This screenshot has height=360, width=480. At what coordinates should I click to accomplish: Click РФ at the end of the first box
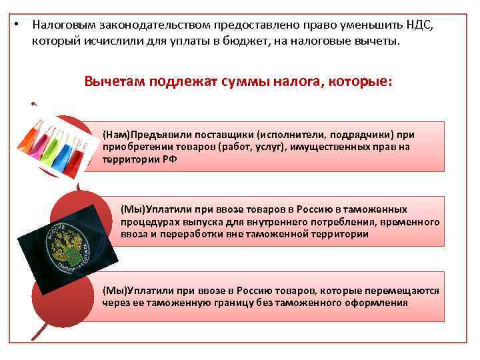click(x=169, y=160)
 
